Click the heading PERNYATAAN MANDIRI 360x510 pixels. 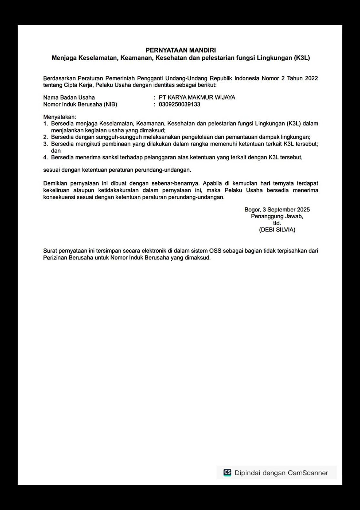[181, 50]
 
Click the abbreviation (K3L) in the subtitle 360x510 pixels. [302, 58]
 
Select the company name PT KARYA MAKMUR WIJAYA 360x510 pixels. [197, 97]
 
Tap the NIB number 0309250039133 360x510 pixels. [179, 105]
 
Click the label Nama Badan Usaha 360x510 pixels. [69, 97]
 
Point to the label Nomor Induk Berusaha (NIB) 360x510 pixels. [80, 105]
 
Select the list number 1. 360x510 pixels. [45, 124]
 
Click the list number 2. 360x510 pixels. [45, 137]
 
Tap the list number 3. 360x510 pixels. [45, 144]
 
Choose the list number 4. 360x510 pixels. [45, 158]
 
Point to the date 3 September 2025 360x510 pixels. [286, 210]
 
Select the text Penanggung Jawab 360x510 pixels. [277, 217]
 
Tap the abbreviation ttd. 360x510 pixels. [277, 223]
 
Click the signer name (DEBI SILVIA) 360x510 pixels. [277, 230]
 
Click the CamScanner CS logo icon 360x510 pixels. [227, 473]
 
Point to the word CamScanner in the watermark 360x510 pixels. [308, 473]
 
